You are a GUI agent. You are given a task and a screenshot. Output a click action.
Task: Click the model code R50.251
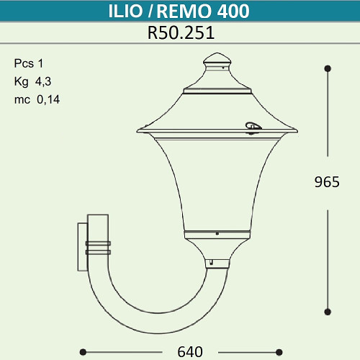pyautogui.click(x=180, y=33)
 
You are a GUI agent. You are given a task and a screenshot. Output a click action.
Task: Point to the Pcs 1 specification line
pyautogui.click(x=29, y=62)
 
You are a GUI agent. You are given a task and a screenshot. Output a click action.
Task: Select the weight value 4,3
pyautogui.click(x=44, y=81)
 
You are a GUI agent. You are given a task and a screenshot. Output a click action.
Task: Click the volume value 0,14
pyautogui.click(x=48, y=100)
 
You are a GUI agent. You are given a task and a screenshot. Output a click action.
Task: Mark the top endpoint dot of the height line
pyautogui.click(x=328, y=68)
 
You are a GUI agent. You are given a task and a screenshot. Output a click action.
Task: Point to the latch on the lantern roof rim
pyautogui.click(x=251, y=127)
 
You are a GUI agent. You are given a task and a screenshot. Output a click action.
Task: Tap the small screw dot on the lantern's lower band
pyautogui.click(x=217, y=233)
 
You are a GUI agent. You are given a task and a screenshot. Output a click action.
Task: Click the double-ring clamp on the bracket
pyautogui.click(x=98, y=247)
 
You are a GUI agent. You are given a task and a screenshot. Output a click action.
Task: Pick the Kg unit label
pyautogui.click(x=21, y=81)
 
